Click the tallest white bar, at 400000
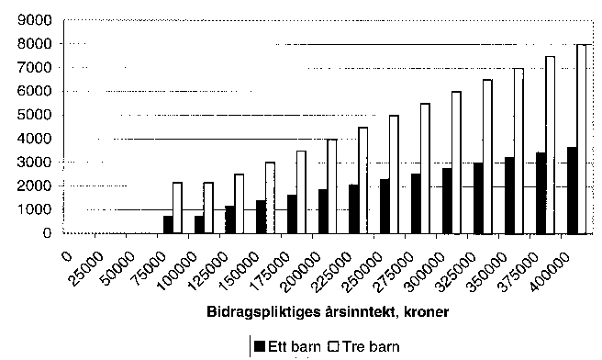point(581,139)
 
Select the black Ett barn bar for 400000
point(571,190)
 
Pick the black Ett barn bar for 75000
point(168,224)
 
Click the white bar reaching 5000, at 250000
point(394,174)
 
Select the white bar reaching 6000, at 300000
point(456,163)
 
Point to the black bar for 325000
point(477,197)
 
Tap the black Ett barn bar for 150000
point(261,217)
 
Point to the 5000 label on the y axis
point(36,115)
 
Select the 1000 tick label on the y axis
point(36,209)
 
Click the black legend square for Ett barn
point(260,347)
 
